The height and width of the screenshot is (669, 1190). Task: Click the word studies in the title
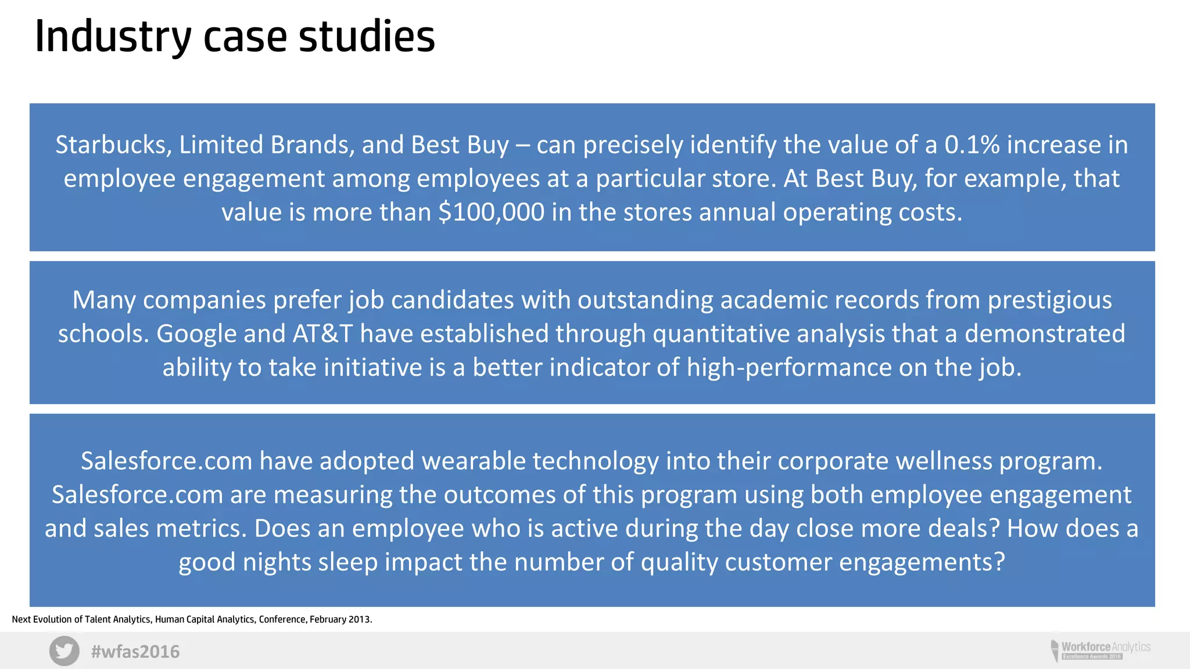367,36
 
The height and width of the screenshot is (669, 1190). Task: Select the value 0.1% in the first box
972,145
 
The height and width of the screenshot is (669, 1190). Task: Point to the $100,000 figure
492,212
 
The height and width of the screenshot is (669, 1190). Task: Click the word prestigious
1049,300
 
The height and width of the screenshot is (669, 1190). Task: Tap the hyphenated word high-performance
788,368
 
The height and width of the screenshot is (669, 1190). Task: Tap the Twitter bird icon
64,651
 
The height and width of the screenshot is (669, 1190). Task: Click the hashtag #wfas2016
135,652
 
